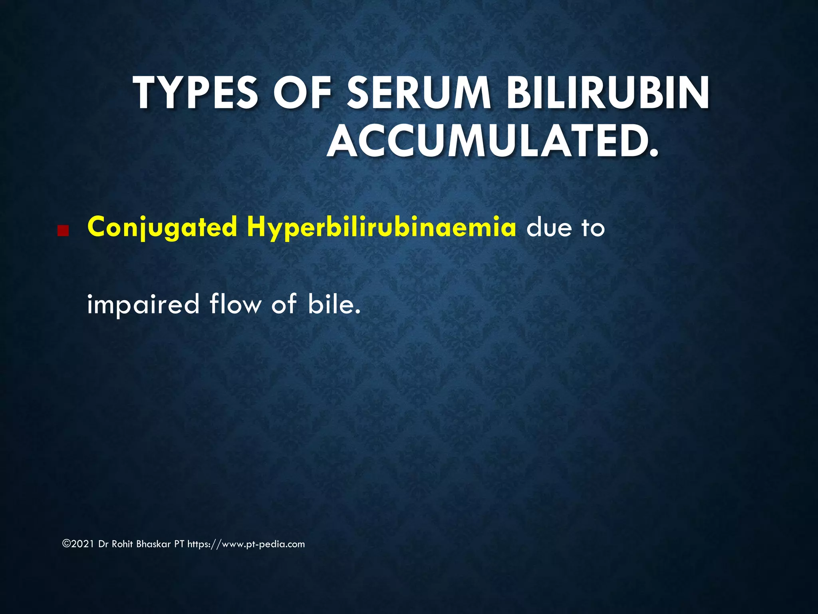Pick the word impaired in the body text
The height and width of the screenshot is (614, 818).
[x=143, y=305]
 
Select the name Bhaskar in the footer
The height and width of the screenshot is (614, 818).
[x=153, y=544]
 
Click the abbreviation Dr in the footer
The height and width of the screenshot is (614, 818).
[x=103, y=544]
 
